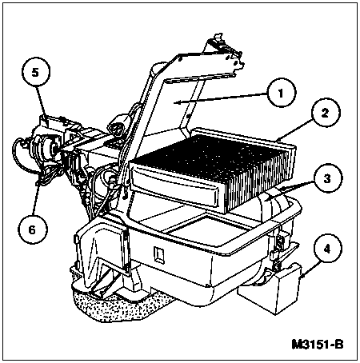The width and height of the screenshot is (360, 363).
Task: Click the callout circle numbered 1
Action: tap(282, 93)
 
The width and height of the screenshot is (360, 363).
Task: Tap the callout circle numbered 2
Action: tap(325, 113)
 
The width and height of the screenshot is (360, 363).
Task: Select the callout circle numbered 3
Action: tap(327, 178)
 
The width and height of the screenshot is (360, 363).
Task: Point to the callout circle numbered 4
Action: tap(327, 248)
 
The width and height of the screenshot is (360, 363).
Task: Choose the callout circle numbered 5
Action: tap(36, 73)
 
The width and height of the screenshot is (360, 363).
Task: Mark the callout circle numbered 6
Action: tap(32, 229)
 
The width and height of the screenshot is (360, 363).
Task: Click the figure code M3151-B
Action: tap(318, 345)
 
